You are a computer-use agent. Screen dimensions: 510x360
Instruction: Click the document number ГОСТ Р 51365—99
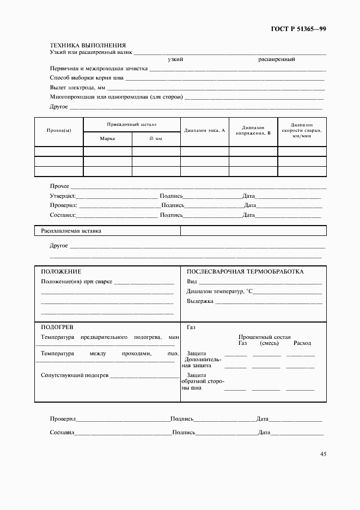coord(299,29)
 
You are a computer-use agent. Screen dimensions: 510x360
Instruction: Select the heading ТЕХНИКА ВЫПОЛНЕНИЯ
coord(88,45)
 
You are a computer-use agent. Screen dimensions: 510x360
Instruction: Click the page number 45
coord(324,453)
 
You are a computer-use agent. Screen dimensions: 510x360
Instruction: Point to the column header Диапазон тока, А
coord(205,130)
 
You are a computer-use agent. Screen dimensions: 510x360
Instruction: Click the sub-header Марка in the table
coord(107,139)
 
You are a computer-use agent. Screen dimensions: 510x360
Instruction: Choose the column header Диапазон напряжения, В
coord(253,130)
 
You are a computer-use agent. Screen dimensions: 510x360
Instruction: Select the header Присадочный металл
coord(131,124)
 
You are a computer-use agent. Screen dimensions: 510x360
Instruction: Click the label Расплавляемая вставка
coord(71,231)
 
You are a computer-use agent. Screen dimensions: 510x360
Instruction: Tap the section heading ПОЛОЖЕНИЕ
coord(61,271)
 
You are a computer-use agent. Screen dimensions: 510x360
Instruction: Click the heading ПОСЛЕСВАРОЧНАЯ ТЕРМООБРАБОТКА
coord(245,271)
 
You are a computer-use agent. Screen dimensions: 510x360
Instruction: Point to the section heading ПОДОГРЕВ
coord(57,327)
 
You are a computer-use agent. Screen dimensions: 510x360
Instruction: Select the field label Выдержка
coord(200,301)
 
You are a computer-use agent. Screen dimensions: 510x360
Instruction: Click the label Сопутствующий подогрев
coord(75,375)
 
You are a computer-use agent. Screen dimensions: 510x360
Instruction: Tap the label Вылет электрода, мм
coord(77,88)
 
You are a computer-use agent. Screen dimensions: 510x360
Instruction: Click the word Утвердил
coord(63,196)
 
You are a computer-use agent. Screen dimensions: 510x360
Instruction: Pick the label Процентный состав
coord(265,337)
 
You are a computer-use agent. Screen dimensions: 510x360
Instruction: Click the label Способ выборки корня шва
coord(87,78)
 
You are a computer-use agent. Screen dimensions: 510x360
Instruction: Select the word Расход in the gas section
coord(302,343)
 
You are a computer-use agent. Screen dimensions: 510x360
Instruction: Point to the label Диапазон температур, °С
coord(220,292)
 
